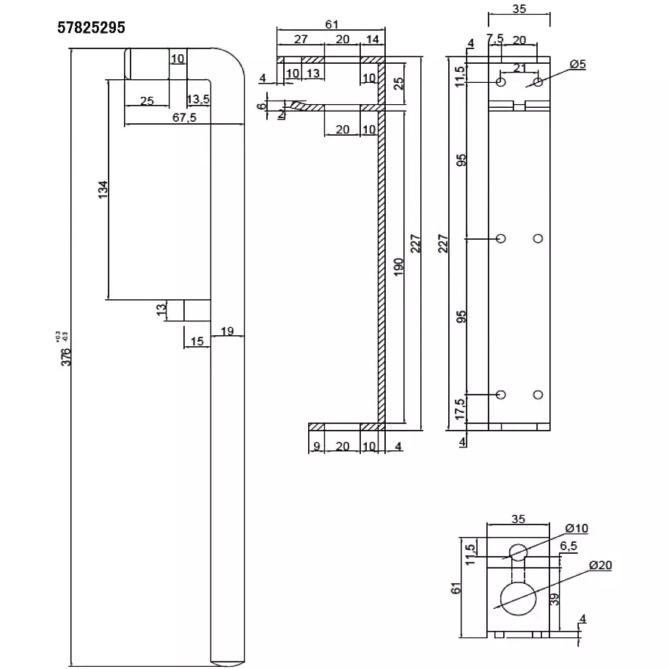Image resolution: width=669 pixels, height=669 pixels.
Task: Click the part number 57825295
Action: click(92, 28)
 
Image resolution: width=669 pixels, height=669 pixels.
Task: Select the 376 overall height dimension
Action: click(66, 356)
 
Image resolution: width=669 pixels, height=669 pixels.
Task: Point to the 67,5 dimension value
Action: click(184, 118)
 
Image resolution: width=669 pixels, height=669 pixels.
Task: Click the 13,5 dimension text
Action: click(199, 100)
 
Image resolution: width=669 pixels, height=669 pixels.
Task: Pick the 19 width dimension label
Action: click(227, 331)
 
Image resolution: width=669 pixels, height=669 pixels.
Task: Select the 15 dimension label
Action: click(197, 340)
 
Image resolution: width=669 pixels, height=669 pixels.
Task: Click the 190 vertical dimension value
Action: click(397, 268)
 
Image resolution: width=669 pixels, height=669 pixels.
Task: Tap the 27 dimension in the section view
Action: click(300, 40)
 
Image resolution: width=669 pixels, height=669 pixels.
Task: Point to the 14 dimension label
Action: click(372, 40)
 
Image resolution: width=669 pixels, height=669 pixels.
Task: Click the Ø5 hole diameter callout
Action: click(577, 65)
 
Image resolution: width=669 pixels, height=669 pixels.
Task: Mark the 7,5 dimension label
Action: click(494, 38)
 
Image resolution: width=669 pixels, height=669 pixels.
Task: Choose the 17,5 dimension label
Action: click(459, 407)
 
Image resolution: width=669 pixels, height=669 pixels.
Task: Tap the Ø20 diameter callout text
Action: click(601, 565)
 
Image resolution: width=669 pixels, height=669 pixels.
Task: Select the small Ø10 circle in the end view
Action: click(519, 552)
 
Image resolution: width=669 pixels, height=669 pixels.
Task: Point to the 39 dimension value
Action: click(554, 599)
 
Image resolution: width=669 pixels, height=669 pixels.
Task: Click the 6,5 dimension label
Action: click(568, 546)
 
